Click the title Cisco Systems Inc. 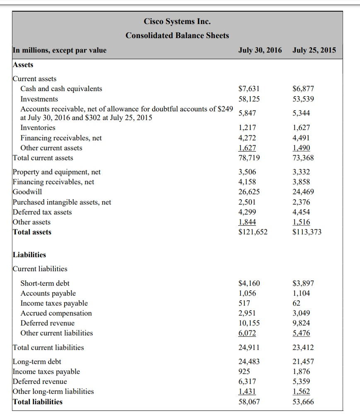[x=177, y=21]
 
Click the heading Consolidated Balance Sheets [x=177, y=36]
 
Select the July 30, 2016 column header [x=260, y=51]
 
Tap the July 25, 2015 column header [x=314, y=51]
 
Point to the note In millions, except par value [x=60, y=51]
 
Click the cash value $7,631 [x=250, y=89]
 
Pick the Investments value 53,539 [x=303, y=99]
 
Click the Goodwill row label [x=27, y=192]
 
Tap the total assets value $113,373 [x=307, y=232]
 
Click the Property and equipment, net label [x=57, y=172]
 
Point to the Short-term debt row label [x=45, y=283]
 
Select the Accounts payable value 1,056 [x=248, y=293]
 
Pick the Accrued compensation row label [x=56, y=313]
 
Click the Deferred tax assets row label [x=42, y=212]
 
